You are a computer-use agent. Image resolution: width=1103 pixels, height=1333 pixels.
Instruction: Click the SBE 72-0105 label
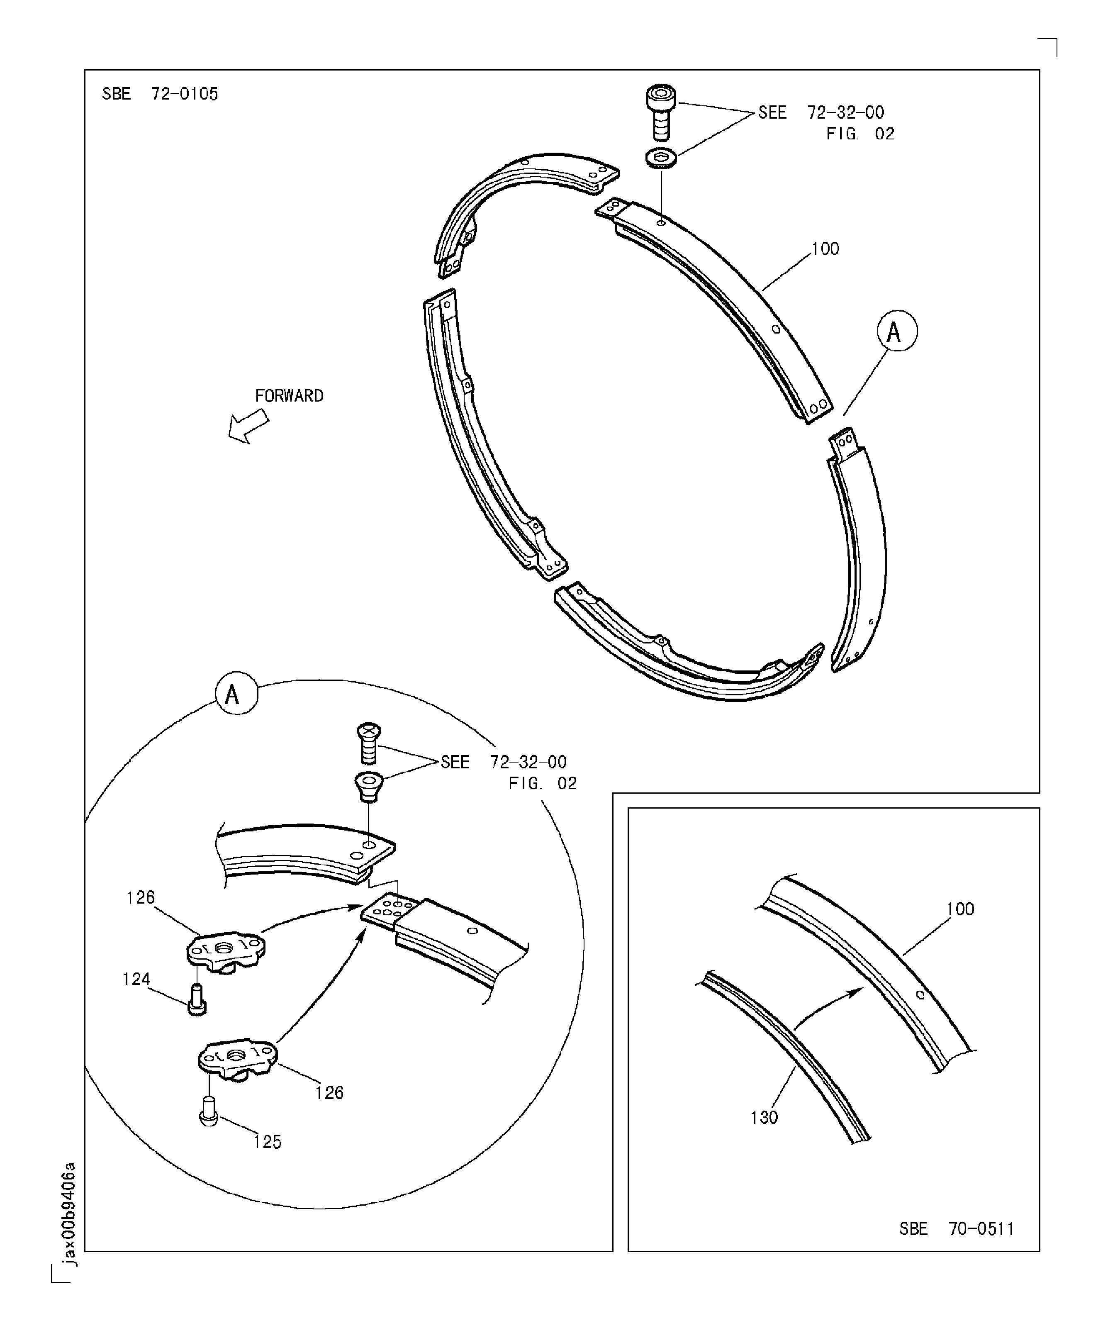(x=160, y=94)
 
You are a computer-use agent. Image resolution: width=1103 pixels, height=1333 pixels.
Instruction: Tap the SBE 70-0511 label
(x=957, y=1229)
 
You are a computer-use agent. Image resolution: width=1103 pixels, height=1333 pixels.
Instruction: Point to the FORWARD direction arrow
(x=249, y=426)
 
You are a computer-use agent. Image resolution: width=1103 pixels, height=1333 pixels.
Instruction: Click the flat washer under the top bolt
(x=661, y=157)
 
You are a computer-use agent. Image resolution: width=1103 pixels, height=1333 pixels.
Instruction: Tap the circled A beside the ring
(x=897, y=331)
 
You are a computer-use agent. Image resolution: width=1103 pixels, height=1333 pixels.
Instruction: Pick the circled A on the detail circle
(x=237, y=694)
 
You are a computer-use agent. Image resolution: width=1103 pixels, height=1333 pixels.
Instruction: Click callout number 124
(x=136, y=980)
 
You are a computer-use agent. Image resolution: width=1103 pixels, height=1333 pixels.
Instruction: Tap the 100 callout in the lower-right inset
(x=960, y=909)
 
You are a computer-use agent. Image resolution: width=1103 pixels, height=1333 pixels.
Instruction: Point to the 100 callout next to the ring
(x=825, y=249)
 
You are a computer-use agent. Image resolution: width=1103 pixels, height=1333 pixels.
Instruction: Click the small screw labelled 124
(x=197, y=999)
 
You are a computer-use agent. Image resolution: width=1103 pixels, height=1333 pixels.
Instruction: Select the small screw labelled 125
(x=209, y=1111)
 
